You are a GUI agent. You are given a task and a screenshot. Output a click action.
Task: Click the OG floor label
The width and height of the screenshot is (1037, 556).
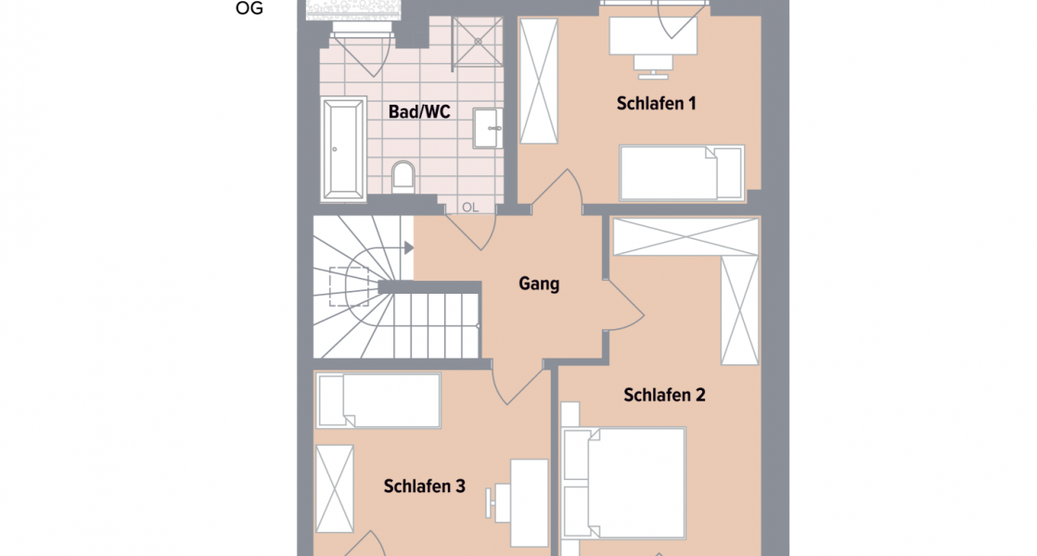(x=250, y=8)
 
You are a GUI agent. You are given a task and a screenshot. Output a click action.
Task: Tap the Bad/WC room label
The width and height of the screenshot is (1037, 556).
(x=419, y=111)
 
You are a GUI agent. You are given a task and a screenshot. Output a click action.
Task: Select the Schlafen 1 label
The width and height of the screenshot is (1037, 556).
(x=656, y=103)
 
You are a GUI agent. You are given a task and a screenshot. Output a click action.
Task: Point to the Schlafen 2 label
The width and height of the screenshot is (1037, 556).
(x=664, y=395)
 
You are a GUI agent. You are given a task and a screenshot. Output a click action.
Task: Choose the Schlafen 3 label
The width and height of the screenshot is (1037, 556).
(x=424, y=486)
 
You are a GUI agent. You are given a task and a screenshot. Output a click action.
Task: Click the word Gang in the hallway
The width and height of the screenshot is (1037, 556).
(x=539, y=284)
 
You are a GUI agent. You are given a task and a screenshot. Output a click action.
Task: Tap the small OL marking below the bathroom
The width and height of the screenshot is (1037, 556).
(x=470, y=208)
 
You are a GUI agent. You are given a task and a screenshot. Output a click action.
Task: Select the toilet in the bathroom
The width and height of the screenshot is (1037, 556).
(x=403, y=175)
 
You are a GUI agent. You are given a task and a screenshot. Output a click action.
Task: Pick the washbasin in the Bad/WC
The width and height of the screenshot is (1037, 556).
(x=488, y=128)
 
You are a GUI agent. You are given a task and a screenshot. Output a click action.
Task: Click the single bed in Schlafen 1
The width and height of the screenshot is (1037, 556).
(x=682, y=172)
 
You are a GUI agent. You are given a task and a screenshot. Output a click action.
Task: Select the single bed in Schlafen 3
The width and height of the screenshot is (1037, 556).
(x=378, y=400)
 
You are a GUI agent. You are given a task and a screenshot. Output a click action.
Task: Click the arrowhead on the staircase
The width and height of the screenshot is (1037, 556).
(x=408, y=247)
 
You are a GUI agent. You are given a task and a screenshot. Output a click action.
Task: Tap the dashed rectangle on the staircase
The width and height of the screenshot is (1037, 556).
(x=350, y=286)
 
